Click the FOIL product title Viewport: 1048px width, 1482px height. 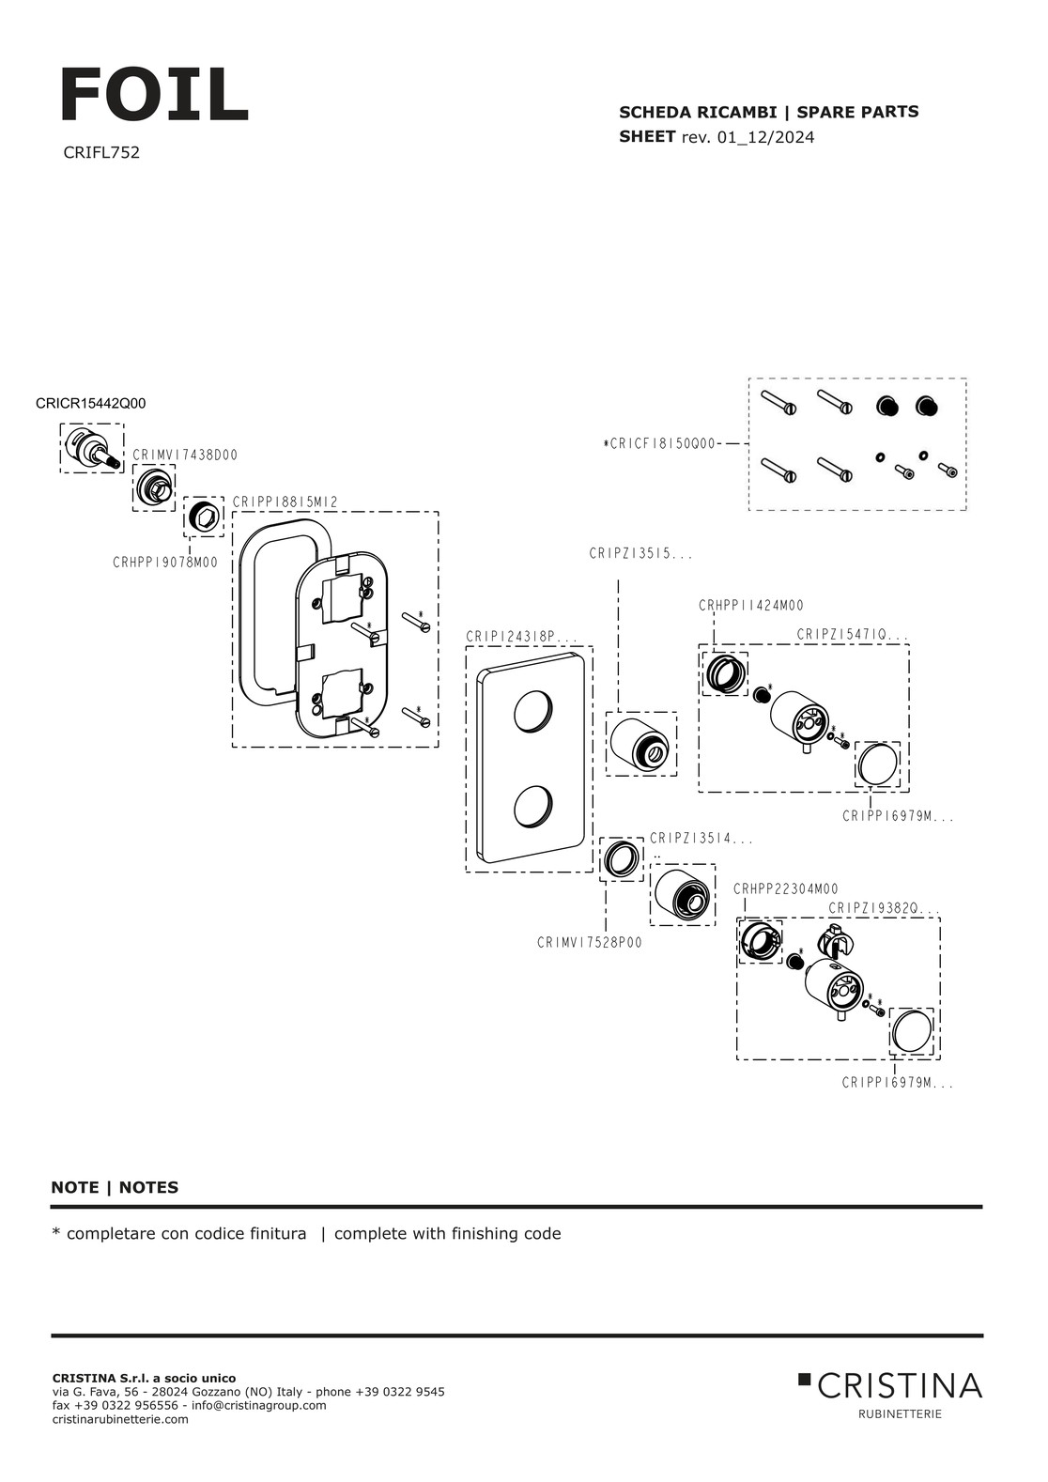point(154,96)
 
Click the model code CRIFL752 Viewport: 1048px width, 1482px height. point(101,152)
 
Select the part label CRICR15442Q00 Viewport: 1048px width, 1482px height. point(90,404)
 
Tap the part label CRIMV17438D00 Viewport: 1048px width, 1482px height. point(185,455)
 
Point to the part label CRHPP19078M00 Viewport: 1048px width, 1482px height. point(165,563)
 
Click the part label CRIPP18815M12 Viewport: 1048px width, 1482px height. point(285,503)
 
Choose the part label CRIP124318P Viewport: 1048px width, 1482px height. point(521,638)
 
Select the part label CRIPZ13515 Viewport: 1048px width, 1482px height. point(640,555)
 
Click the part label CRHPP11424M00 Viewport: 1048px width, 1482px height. point(751,607)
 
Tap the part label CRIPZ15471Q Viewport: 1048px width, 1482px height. point(853,636)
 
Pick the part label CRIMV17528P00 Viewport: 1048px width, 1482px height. point(590,943)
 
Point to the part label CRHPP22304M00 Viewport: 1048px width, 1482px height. point(786,889)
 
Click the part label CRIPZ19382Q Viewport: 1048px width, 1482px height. point(884,909)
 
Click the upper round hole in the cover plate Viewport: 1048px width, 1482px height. point(533,713)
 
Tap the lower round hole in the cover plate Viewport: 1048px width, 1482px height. point(533,809)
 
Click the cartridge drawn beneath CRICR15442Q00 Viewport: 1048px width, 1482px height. point(92,447)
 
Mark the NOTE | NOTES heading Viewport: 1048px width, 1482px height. point(115,1188)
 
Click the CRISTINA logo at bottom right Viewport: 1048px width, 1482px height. point(890,1386)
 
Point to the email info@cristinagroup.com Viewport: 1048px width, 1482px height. point(259,1406)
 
